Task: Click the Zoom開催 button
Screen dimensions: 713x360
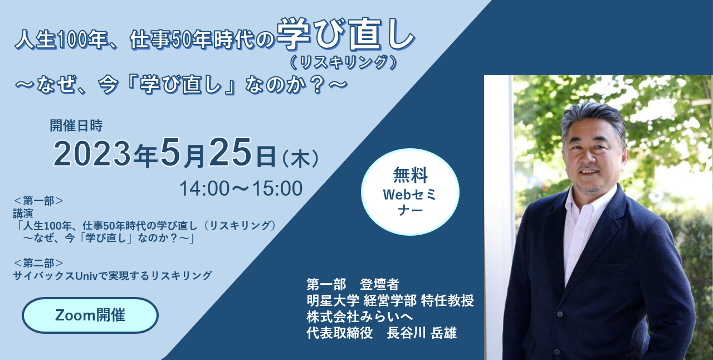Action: point(90,315)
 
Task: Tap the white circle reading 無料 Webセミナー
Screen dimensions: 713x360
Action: point(410,192)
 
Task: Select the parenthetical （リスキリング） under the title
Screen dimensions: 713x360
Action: point(344,62)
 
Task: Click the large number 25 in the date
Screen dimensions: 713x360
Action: point(230,152)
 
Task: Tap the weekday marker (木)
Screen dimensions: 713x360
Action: point(300,158)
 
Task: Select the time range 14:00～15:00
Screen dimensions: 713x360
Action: point(241,188)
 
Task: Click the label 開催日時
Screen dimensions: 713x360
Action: point(76,125)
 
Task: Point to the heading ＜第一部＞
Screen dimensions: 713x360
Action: point(38,201)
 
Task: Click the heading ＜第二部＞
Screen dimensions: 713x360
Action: point(38,263)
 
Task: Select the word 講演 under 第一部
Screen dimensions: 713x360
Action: point(23,213)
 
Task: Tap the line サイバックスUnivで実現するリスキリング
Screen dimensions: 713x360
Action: point(113,276)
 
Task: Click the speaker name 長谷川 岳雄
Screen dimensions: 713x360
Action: point(422,333)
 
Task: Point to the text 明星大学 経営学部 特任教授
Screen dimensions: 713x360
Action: point(390,300)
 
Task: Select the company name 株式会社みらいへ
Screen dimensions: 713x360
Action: point(360,317)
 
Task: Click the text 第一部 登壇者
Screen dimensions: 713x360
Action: point(353,284)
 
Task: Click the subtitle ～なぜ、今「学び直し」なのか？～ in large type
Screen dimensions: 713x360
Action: point(182,85)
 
